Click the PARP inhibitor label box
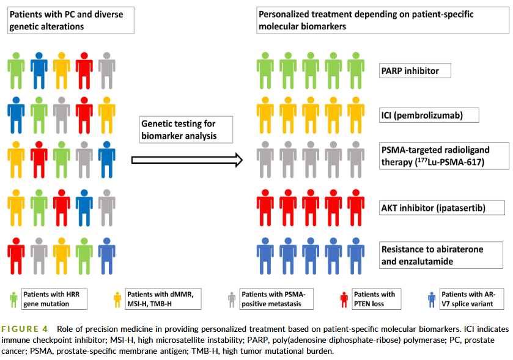(415, 71)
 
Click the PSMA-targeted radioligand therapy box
(444, 156)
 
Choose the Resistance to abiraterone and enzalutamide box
(441, 255)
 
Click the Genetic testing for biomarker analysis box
(186, 130)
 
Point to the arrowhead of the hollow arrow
(242, 160)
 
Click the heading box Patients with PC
(71, 20)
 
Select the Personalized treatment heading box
(383, 20)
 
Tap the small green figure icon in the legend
(13, 299)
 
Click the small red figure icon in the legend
(344, 299)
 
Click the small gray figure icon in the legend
(232, 299)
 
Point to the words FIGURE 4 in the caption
(24, 329)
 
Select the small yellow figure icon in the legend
(117, 299)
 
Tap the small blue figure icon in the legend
(432, 299)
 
